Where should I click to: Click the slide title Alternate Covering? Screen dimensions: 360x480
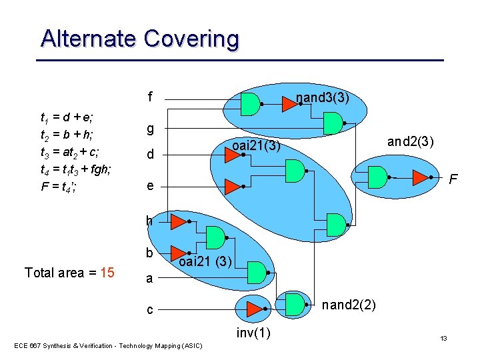click(139, 38)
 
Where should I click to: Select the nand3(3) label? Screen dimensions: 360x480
click(323, 99)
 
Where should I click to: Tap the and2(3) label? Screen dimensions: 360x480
click(411, 142)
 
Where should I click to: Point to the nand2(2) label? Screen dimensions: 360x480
click(349, 305)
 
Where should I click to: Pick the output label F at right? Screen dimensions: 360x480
click(453, 180)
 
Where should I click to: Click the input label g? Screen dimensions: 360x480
click(151, 127)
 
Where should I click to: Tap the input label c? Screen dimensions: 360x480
click(150, 310)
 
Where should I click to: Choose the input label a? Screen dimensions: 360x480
click(150, 279)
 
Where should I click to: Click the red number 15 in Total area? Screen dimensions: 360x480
click(107, 273)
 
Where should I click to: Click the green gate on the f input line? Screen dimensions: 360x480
click(249, 103)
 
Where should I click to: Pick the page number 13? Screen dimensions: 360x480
click(443, 339)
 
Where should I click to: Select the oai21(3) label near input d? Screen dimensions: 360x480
click(255, 145)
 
